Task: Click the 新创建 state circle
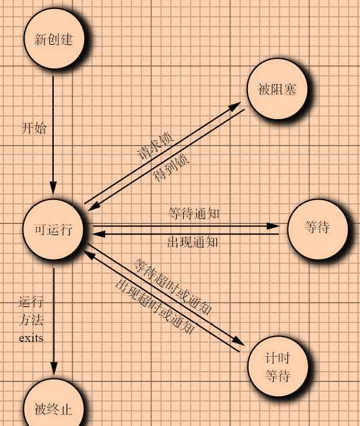coord(54,38)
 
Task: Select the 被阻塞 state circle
coord(277,89)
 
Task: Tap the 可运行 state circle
coord(53,229)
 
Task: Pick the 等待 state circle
coord(318,229)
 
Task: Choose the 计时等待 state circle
coord(278,366)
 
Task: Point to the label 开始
coord(34,128)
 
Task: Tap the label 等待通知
coord(194,213)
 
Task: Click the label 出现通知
coord(193,241)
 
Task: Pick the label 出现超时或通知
coord(155,306)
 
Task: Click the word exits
coord(31,338)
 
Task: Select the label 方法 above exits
coord(31,320)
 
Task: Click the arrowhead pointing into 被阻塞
coord(234,106)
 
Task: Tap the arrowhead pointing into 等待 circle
coord(273,226)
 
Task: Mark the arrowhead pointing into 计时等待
coord(238,341)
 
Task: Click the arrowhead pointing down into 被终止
coord(54,368)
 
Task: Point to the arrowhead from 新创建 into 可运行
coord(53,188)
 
